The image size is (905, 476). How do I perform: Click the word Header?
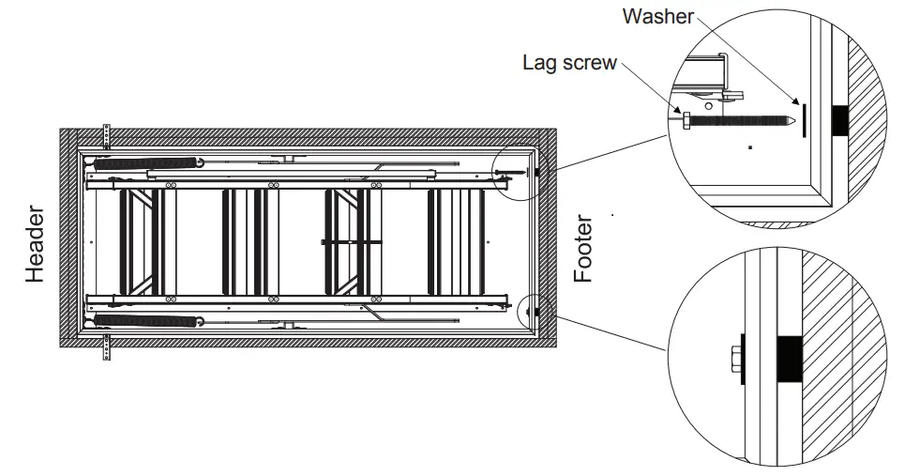[x=36, y=245]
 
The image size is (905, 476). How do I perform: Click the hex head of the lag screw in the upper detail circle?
[x=687, y=120]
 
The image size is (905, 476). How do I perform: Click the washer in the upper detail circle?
[x=803, y=115]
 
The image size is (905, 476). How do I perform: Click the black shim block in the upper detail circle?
[x=840, y=118]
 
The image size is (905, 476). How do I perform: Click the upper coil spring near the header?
[x=149, y=162]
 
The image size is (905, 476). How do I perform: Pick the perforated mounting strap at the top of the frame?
[x=107, y=135]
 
